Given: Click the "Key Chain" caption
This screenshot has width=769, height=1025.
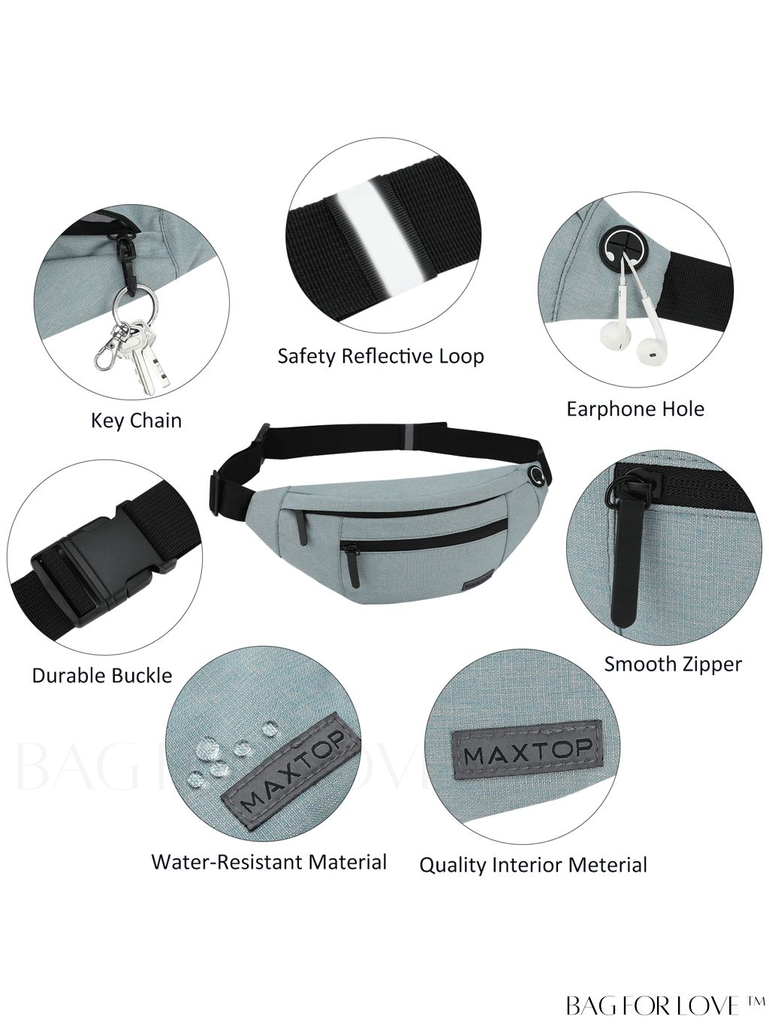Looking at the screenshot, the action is (x=136, y=421).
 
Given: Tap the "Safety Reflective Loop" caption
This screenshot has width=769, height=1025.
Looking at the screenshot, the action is (x=381, y=356).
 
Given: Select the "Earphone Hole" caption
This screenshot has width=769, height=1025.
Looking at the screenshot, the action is (x=635, y=408).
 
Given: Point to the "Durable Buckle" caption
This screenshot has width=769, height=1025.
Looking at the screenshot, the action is (x=102, y=675).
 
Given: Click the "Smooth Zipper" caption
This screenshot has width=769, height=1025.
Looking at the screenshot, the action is (x=673, y=664).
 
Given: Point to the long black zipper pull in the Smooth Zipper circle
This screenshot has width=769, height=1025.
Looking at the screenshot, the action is (x=622, y=561).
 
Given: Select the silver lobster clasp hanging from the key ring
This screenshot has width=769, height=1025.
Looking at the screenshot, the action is (x=107, y=348).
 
